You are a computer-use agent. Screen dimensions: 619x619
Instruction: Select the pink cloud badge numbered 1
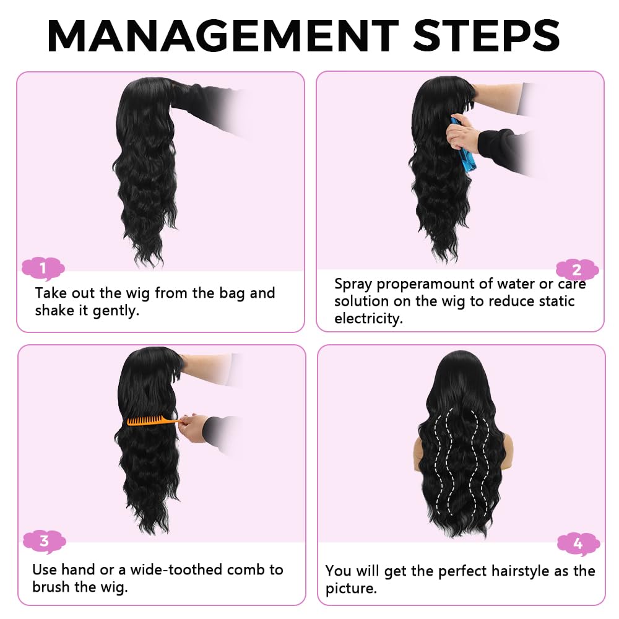(x=43, y=269)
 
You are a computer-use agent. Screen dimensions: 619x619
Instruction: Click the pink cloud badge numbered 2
(x=577, y=270)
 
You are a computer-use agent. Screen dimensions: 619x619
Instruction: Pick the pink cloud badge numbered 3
(x=44, y=542)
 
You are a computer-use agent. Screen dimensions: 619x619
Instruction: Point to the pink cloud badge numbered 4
(x=578, y=544)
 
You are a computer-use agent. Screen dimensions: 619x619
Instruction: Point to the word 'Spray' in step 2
(x=353, y=284)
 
